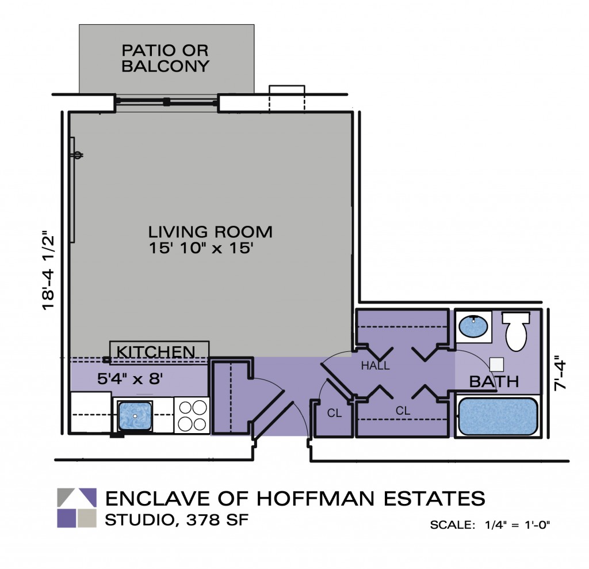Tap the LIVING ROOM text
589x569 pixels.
[210, 232]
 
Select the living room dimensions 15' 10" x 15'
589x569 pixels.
[201, 249]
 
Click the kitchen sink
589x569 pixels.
[135, 415]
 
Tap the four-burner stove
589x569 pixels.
[192, 415]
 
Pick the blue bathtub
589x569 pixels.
[498, 416]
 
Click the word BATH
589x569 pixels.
[494, 381]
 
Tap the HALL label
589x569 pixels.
[376, 366]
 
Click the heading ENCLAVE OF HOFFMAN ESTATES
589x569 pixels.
[294, 498]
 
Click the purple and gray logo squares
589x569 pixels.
[77, 508]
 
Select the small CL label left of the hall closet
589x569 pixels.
[335, 412]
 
